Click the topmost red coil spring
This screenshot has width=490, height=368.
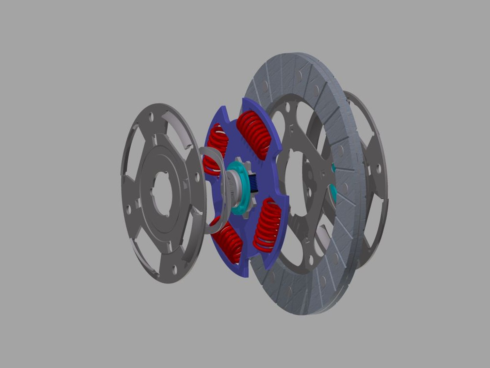[x=255, y=135]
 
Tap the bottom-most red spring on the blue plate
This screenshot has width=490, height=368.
[x=229, y=243]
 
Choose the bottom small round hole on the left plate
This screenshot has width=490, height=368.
[x=175, y=270]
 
